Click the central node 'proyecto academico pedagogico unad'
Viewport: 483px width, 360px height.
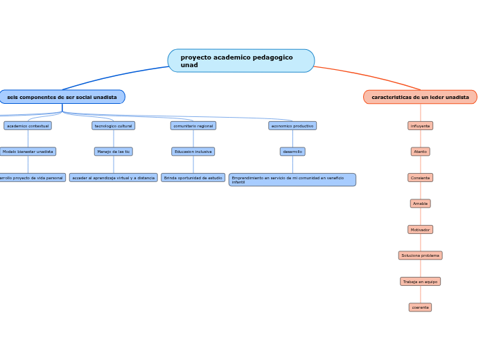point(240,61)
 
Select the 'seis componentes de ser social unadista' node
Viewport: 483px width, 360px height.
point(62,97)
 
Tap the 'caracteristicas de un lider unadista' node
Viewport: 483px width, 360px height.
point(420,97)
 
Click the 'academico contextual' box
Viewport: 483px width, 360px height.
point(28,126)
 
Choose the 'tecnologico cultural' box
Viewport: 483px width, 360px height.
point(114,126)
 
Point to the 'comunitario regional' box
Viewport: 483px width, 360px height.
point(193,126)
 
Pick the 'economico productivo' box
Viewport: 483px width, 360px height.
point(292,126)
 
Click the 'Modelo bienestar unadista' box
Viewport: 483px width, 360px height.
point(28,152)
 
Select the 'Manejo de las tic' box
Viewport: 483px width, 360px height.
point(114,152)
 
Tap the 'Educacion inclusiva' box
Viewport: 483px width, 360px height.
point(193,152)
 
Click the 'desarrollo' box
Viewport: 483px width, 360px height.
point(292,152)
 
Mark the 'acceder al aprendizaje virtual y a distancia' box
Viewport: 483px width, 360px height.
point(114,178)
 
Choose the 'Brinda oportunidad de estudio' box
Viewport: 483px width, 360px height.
point(193,178)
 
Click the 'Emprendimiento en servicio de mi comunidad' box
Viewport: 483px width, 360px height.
point(292,180)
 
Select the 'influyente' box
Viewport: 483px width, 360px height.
point(420,126)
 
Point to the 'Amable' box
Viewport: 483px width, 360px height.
point(420,204)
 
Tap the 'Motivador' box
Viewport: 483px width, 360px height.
point(420,229)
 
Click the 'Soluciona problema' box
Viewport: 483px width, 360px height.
point(420,255)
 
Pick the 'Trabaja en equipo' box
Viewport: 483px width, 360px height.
point(420,282)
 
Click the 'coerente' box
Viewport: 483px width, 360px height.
point(420,307)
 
